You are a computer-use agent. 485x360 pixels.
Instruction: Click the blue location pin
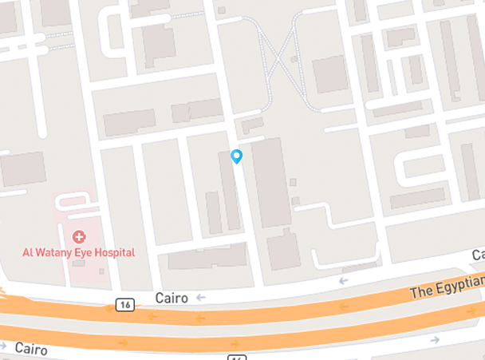(x=236, y=156)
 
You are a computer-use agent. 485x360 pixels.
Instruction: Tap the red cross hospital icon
(x=79, y=236)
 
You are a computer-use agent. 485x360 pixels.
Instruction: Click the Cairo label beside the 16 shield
(x=171, y=298)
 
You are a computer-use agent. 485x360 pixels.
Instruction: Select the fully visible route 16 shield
(x=124, y=304)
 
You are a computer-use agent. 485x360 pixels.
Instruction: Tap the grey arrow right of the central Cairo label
(x=201, y=298)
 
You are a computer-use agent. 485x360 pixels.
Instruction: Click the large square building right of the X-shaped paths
(x=330, y=74)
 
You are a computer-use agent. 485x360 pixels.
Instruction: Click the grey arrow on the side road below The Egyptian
(x=435, y=339)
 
